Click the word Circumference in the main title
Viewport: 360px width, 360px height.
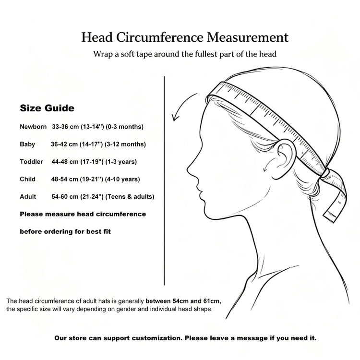click(x=160, y=37)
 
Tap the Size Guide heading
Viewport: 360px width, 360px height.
click(x=47, y=108)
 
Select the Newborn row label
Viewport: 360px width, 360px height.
click(x=33, y=127)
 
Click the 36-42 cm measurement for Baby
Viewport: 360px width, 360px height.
click(x=64, y=144)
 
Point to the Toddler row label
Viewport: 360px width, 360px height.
click(x=31, y=162)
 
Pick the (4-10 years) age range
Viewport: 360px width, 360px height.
click(x=122, y=179)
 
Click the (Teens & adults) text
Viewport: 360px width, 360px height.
click(x=130, y=196)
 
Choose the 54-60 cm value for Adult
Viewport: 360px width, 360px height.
click(x=65, y=196)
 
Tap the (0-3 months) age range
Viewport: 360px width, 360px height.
click(x=124, y=127)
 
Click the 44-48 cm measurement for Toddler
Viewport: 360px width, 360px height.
click(x=65, y=162)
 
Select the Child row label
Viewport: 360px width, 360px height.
click(x=27, y=179)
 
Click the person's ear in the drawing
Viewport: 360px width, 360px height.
click(x=285, y=156)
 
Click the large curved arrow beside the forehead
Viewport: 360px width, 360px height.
click(x=181, y=103)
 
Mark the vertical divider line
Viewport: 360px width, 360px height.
click(x=164, y=180)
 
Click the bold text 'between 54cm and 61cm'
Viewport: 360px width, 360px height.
click(x=183, y=301)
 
